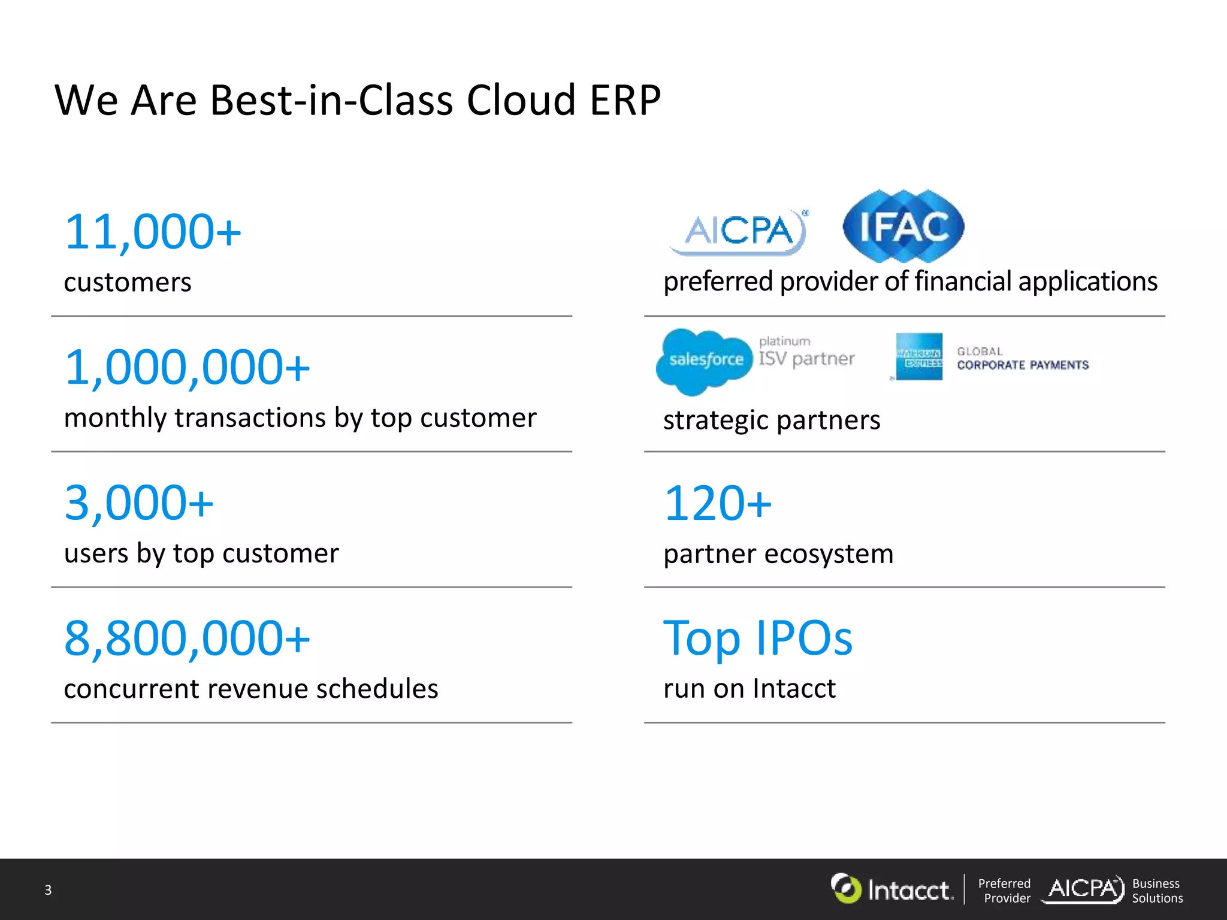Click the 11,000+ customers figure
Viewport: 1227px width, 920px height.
point(153,232)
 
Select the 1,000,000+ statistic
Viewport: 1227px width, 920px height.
point(187,367)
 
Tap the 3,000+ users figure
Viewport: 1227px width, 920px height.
point(139,503)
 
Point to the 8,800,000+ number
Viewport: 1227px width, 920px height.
point(187,638)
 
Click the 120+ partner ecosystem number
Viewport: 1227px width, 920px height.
point(718,503)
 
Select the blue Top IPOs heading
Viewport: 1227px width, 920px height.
point(757,638)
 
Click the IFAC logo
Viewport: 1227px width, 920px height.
point(903,226)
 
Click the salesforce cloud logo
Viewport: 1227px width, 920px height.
point(705,361)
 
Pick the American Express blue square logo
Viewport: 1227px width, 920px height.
point(919,357)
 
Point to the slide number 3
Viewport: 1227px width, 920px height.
point(48,890)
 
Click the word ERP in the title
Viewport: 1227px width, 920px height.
point(625,100)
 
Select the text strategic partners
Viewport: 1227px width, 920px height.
point(772,420)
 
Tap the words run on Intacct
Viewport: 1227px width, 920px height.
point(749,688)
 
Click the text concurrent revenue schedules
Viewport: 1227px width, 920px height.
point(251,689)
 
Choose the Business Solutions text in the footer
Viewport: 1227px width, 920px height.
point(1157,891)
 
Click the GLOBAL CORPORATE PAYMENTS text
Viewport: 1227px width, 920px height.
point(1022,359)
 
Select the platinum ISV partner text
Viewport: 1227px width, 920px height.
point(806,352)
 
